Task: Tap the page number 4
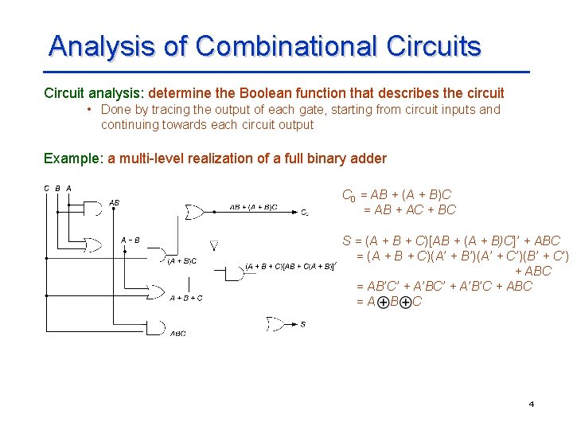tap(531, 405)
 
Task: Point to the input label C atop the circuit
tap(46, 188)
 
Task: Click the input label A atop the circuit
tap(69, 188)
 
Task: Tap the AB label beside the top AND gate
tap(114, 203)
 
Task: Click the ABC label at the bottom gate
tap(178, 334)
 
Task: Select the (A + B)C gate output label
tap(181, 260)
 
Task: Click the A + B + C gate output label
tap(186, 298)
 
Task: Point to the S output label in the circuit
tap(302, 324)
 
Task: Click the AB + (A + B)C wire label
tap(253, 207)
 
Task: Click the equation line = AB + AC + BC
tap(409, 210)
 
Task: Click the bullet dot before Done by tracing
tap(92, 110)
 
